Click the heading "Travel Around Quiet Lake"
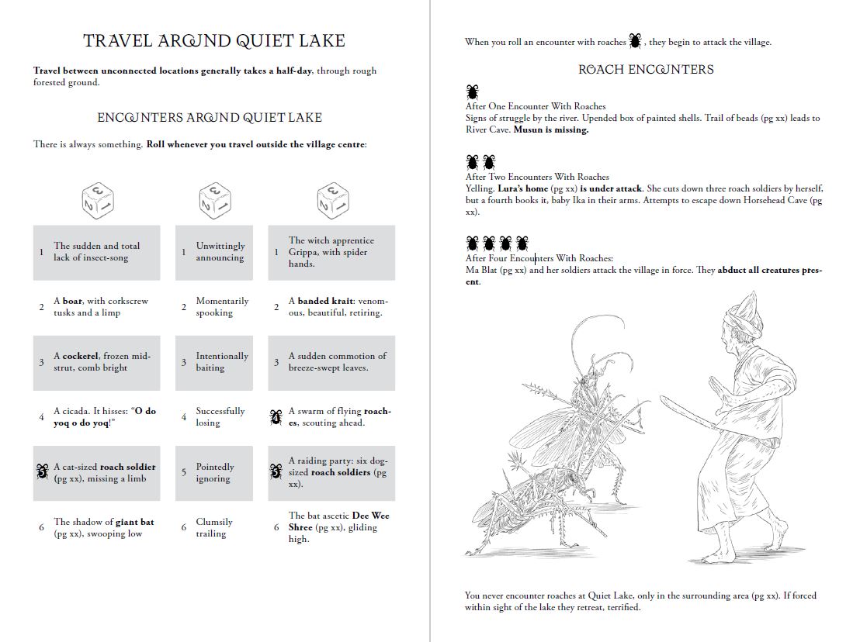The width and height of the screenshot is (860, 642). click(x=214, y=40)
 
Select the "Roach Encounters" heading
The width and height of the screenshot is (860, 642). click(x=646, y=69)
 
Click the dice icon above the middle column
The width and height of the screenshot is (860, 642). click(x=216, y=201)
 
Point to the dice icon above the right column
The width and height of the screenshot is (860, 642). click(x=333, y=201)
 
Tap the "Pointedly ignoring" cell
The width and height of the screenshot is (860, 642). click(x=214, y=472)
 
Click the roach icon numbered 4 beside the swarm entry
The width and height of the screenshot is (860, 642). click(x=276, y=416)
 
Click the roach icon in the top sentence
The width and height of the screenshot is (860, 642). click(x=636, y=40)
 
